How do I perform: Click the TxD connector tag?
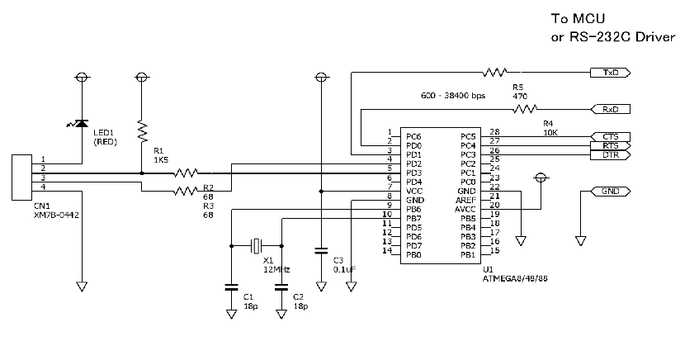click(x=611, y=73)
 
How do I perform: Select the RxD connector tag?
click(x=611, y=109)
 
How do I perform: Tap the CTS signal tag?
click(x=611, y=136)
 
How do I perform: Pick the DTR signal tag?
click(x=611, y=154)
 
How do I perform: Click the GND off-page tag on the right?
click(x=611, y=192)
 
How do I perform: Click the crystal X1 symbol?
click(x=257, y=245)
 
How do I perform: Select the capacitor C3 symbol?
click(x=321, y=250)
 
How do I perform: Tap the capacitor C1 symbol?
click(x=231, y=287)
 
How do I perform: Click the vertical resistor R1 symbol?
click(x=142, y=130)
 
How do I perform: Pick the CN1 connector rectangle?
click(x=21, y=177)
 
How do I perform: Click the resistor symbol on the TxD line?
click(x=495, y=72)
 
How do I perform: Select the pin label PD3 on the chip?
click(x=413, y=173)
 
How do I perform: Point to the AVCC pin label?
click(x=465, y=209)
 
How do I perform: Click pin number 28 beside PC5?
click(x=494, y=131)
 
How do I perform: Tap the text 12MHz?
click(x=276, y=270)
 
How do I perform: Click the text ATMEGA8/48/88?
click(x=515, y=279)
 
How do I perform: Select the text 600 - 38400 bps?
click(x=453, y=96)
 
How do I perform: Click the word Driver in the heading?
click(x=655, y=37)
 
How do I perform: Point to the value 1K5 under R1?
click(x=160, y=160)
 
